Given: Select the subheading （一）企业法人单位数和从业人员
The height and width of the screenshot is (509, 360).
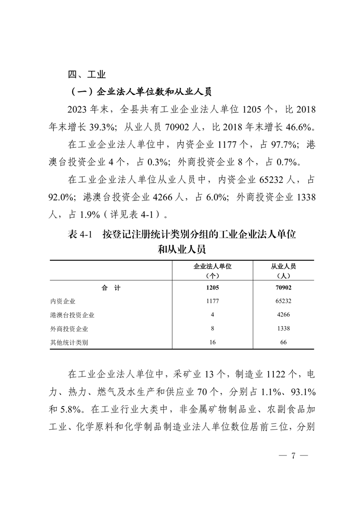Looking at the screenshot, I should (x=141, y=92).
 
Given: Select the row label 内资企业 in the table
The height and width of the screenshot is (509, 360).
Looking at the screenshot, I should (x=63, y=301).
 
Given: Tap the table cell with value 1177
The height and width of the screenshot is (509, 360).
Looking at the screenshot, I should (x=212, y=301).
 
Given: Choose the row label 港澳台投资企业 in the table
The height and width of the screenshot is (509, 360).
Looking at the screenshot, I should (x=73, y=315).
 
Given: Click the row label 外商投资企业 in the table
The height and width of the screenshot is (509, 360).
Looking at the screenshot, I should (x=69, y=328).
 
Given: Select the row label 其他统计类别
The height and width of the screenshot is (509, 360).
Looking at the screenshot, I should (x=69, y=343).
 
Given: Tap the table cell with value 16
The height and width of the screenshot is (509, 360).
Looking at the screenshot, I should (x=212, y=343).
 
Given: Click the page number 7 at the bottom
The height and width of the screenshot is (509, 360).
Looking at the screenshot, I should (x=293, y=456).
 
